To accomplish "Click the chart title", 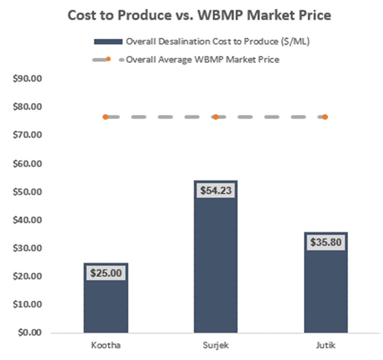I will [199, 15].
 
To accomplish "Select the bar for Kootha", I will [106, 303].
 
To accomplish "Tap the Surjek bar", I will [215, 265].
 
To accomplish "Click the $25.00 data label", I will [106, 273].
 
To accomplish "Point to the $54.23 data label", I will [215, 190].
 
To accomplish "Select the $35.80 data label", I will [325, 242].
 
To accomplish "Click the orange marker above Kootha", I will [105, 117].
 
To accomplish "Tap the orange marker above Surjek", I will [215, 117].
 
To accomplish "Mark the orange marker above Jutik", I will [325, 117].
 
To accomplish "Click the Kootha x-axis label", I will [106, 345].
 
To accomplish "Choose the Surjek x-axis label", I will [215, 345].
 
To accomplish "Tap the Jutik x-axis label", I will [325, 345].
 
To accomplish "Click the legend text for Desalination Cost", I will [218, 42].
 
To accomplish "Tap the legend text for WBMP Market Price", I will [203, 59].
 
